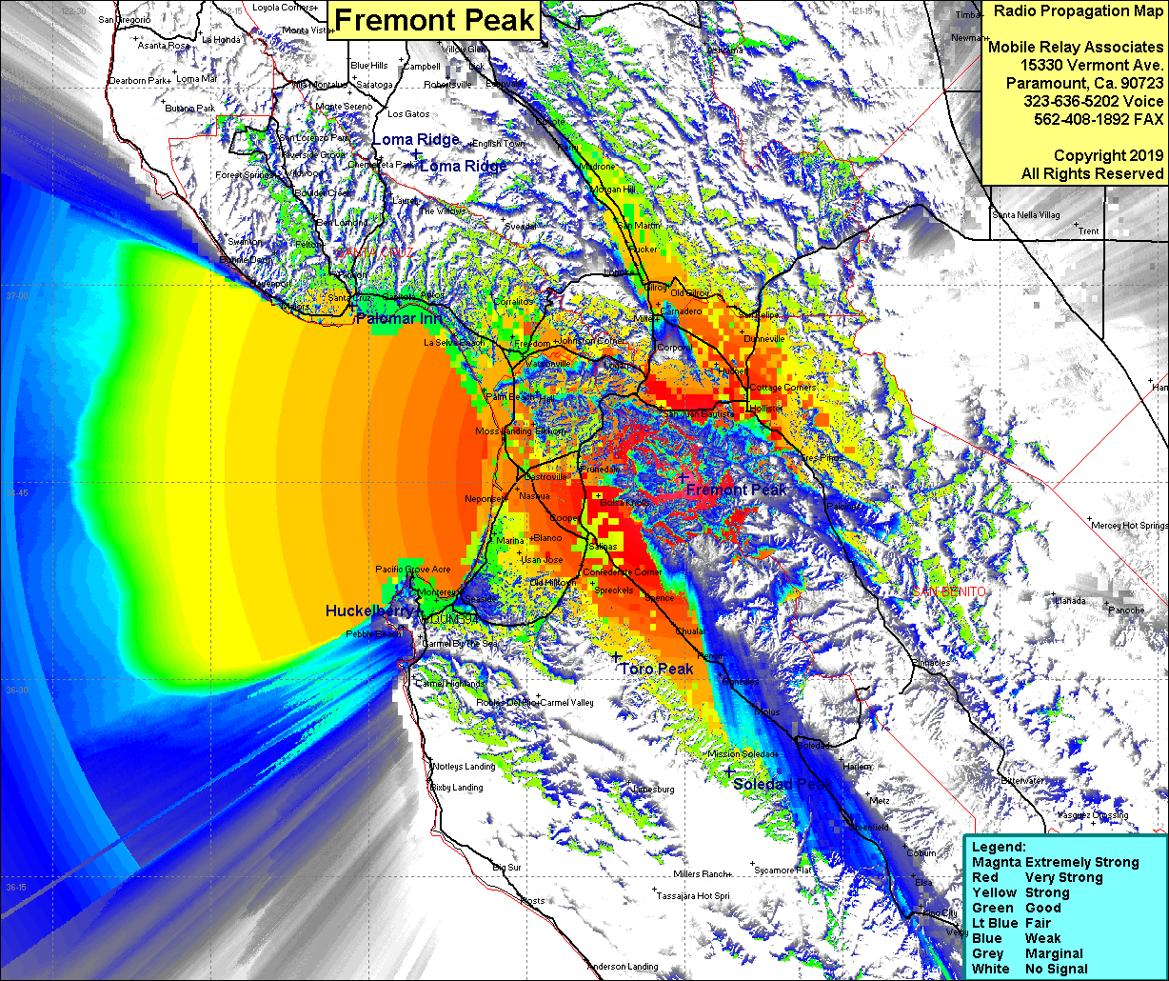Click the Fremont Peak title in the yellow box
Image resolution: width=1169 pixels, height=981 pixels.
pyautogui.click(x=435, y=20)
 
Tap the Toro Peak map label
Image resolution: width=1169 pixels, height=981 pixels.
pyautogui.click(x=657, y=670)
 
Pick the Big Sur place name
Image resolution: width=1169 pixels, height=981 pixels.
pyautogui.click(x=506, y=868)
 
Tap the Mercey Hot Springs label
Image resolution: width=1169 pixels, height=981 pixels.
pyautogui.click(x=1130, y=526)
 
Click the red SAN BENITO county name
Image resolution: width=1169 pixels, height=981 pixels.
pyautogui.click(x=949, y=591)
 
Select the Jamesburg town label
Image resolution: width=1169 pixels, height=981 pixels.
pyautogui.click(x=653, y=790)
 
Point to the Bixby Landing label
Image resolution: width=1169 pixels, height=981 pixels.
pyautogui.click(x=457, y=788)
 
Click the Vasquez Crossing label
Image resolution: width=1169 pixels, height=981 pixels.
pyautogui.click(x=1093, y=815)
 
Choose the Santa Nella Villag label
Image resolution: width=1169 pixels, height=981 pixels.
pyautogui.click(x=1026, y=215)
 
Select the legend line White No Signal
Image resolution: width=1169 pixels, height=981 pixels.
pyautogui.click(x=1028, y=969)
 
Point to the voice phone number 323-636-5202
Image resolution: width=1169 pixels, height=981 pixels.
pyautogui.click(x=1093, y=101)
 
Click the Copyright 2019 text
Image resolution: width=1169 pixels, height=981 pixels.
pyautogui.click(x=1108, y=155)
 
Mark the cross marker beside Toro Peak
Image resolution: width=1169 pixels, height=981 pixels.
pyautogui.click(x=616, y=657)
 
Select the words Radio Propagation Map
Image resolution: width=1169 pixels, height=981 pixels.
pyautogui.click(x=1076, y=10)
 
